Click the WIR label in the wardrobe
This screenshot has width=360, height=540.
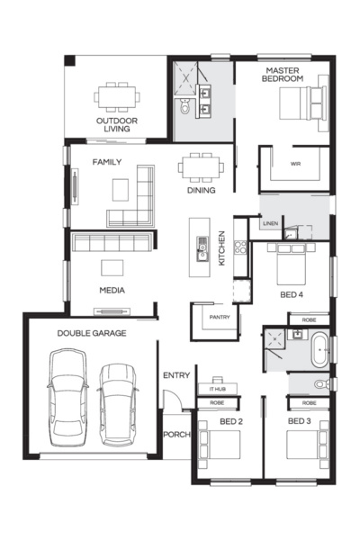click(x=294, y=164)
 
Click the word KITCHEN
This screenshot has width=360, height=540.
click(x=222, y=247)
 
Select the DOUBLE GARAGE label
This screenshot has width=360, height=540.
click(x=91, y=333)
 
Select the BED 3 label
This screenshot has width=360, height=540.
click(x=299, y=421)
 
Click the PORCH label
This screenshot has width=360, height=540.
click(x=175, y=435)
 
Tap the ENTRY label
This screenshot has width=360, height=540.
click(x=175, y=375)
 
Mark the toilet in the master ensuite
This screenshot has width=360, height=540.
click(x=186, y=109)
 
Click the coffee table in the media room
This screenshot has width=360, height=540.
click(x=112, y=267)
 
